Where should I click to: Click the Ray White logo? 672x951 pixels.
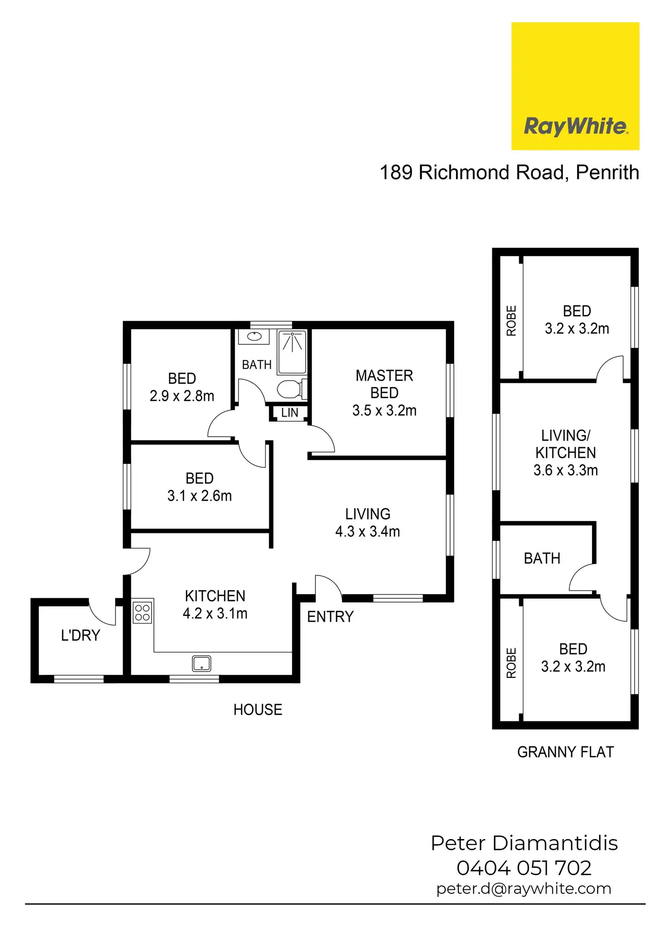pos(575,86)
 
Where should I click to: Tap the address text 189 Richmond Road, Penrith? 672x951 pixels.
pos(509,173)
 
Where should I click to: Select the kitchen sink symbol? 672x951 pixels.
pos(201,663)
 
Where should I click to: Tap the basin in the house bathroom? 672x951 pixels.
pos(254,337)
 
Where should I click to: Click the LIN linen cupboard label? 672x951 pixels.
pos(289,413)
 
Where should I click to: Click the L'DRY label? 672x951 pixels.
pos(80,635)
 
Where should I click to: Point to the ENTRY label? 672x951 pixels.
pos(330,617)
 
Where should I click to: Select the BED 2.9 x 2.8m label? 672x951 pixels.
pos(182,387)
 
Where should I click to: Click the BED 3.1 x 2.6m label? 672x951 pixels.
pos(199,487)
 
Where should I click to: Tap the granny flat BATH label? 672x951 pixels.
pos(542,558)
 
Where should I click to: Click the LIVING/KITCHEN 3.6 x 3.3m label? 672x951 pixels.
pos(566,453)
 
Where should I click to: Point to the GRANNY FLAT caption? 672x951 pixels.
pos(566,752)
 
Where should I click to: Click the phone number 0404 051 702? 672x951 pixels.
pos(524,868)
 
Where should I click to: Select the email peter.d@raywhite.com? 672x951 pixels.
pos(524,888)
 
